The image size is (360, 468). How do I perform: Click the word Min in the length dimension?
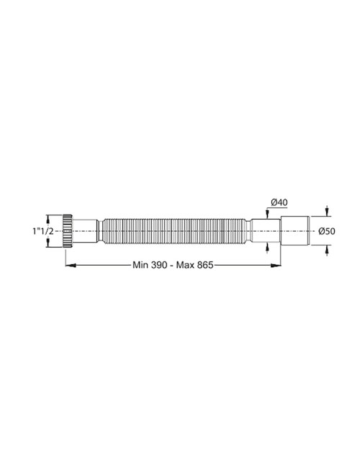140,265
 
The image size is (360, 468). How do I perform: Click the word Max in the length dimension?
188,265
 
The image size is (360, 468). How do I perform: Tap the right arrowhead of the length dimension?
279,265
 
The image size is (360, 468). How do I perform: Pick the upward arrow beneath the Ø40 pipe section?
268,246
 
